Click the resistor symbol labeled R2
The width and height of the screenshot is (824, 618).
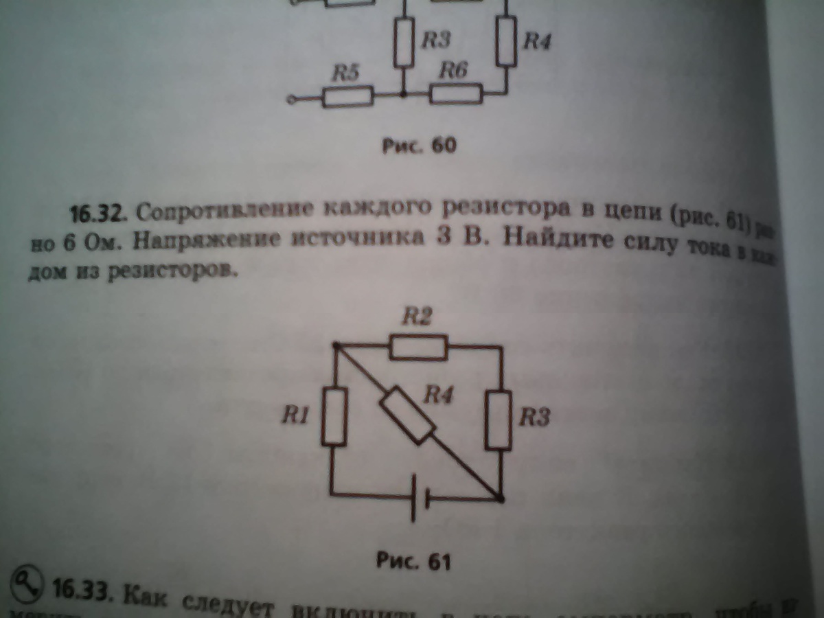418,347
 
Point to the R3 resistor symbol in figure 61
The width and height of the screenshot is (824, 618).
500,420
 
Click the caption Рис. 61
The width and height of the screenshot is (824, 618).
413,561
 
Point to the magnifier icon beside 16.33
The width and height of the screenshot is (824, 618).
26,582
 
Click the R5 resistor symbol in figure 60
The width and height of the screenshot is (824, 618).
347,97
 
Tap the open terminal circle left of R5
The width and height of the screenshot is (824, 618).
292,100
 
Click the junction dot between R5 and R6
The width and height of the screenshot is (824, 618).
403,95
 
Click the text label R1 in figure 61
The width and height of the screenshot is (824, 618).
295,415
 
